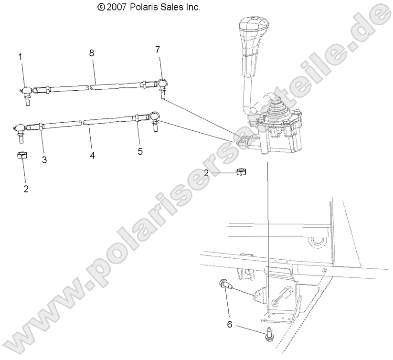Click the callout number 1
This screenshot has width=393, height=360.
click(21, 57)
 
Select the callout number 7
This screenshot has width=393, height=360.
click(158, 49)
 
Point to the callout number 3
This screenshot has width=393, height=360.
click(44, 160)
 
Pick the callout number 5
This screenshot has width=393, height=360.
click(140, 151)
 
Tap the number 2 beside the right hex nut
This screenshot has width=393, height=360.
click(206, 173)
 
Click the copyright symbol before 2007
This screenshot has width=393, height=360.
click(100, 7)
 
